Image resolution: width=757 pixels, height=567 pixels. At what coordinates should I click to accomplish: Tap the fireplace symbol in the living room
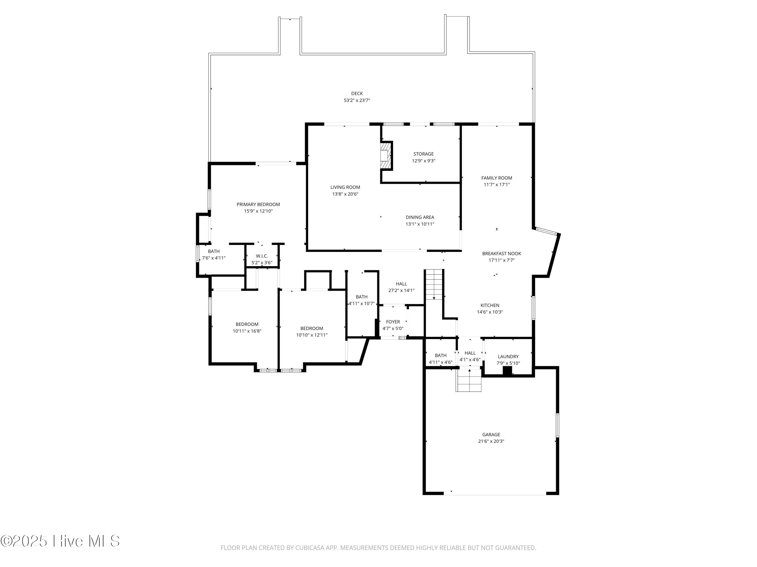[385, 155]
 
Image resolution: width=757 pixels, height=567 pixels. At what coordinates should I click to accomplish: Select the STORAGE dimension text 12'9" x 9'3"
[423, 161]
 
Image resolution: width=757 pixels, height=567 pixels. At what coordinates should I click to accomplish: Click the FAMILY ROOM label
[496, 178]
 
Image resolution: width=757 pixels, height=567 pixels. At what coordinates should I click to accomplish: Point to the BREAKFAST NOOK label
[501, 253]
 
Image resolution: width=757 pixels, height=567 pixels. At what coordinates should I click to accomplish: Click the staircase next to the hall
[434, 284]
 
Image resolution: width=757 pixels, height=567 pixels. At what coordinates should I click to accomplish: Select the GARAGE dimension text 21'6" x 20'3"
[491, 441]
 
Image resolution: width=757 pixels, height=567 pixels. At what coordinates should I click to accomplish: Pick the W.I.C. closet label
[262, 256]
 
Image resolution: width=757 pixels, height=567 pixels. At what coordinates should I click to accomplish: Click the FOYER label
[393, 322]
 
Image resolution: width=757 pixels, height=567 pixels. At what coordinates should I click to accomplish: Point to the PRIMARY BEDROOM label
[258, 204]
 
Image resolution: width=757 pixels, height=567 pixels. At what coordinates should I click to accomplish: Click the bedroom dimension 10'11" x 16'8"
[247, 331]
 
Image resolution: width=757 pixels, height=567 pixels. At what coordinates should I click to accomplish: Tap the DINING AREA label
[420, 217]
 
